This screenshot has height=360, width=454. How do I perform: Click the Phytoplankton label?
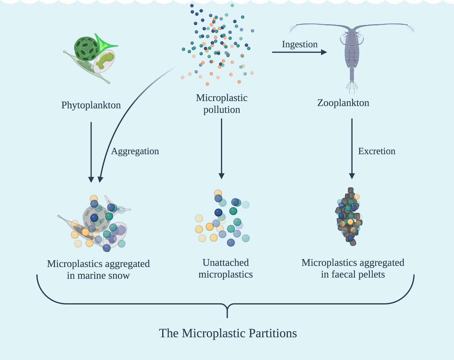(91, 105)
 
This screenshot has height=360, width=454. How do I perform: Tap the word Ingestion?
(300, 44)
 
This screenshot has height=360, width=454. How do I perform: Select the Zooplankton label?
(343, 103)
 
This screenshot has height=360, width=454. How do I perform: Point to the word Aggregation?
(135, 151)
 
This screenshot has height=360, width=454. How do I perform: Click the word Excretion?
(377, 151)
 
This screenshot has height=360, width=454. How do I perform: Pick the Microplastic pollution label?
(222, 104)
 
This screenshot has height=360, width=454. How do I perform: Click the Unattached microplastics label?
(226, 268)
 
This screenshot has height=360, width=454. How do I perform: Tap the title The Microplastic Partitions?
(228, 333)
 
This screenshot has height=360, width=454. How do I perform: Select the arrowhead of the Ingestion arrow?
(324, 52)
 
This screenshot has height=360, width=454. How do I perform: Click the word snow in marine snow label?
(118, 276)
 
